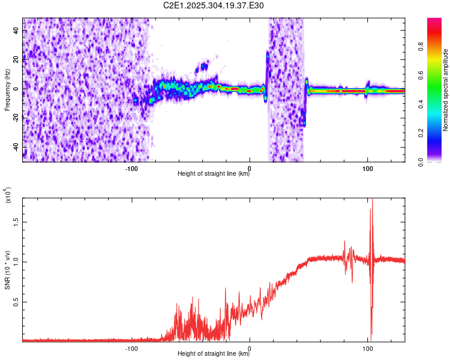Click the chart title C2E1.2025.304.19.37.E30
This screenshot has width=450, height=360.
pos(214,5)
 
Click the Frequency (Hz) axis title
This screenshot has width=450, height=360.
pos(7,90)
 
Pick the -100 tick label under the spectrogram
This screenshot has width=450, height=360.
pos(131,167)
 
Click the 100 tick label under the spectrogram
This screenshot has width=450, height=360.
pos(367,167)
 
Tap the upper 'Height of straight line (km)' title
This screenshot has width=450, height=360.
pos(214,174)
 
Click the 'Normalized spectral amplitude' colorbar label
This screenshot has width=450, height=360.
pos(446,90)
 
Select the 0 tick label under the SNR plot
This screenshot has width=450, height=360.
pos(250,348)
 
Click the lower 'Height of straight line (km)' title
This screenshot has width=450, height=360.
pos(214,354)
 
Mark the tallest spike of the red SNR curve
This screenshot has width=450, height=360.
pos(373,200)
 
